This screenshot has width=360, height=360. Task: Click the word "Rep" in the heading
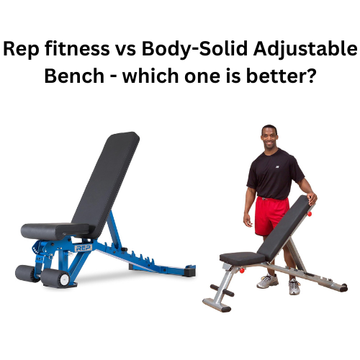click(22, 50)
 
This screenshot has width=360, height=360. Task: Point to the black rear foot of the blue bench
click(190, 273)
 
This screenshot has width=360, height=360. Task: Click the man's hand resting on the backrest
click(311, 199)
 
